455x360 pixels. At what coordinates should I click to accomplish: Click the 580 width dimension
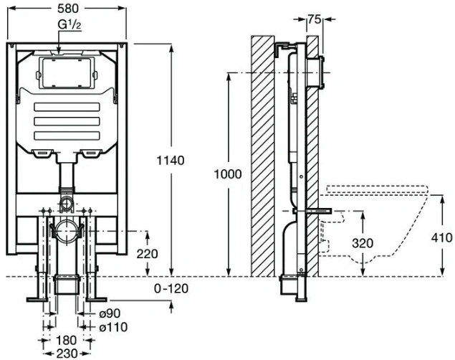[67, 9]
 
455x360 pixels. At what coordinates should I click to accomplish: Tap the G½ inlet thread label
[70, 25]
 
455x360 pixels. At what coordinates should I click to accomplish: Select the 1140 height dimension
[171, 160]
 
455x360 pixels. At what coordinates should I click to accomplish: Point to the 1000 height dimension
[228, 174]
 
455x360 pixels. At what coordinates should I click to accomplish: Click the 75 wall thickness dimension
[315, 19]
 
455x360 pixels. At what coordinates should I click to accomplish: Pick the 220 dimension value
[147, 254]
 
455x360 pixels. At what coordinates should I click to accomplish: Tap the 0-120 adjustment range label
[171, 288]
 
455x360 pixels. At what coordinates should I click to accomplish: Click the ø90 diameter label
[110, 313]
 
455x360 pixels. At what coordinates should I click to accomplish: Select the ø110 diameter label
[113, 327]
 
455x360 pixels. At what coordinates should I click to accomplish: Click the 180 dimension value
[66, 340]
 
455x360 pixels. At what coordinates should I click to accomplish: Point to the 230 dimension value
[67, 354]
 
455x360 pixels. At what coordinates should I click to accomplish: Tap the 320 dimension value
[363, 243]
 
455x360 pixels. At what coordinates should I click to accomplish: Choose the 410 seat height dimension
[441, 238]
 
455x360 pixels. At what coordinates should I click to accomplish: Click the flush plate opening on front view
[67, 73]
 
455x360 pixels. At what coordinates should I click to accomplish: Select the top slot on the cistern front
[67, 107]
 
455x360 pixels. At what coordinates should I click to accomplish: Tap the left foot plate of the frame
[37, 300]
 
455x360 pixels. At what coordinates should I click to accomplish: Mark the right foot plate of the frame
[97, 300]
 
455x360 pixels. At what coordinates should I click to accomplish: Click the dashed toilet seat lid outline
[377, 189]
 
